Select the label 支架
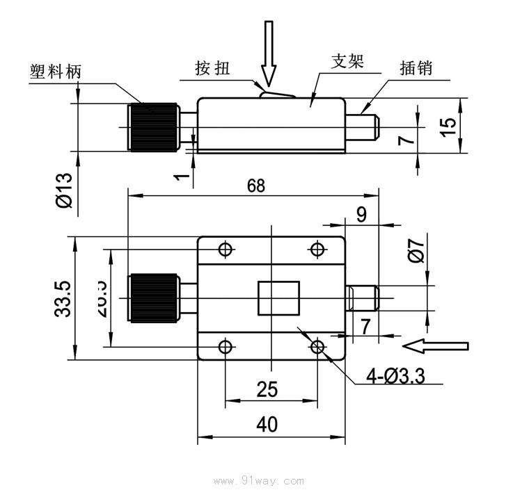[347, 62]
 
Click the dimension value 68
[256, 186]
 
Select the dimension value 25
[267, 389]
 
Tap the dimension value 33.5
[63, 299]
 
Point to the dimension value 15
[449, 125]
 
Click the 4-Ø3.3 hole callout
[396, 376]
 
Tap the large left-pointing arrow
[436, 345]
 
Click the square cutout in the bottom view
[278, 297]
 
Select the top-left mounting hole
[225, 250]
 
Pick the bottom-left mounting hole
[225, 346]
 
